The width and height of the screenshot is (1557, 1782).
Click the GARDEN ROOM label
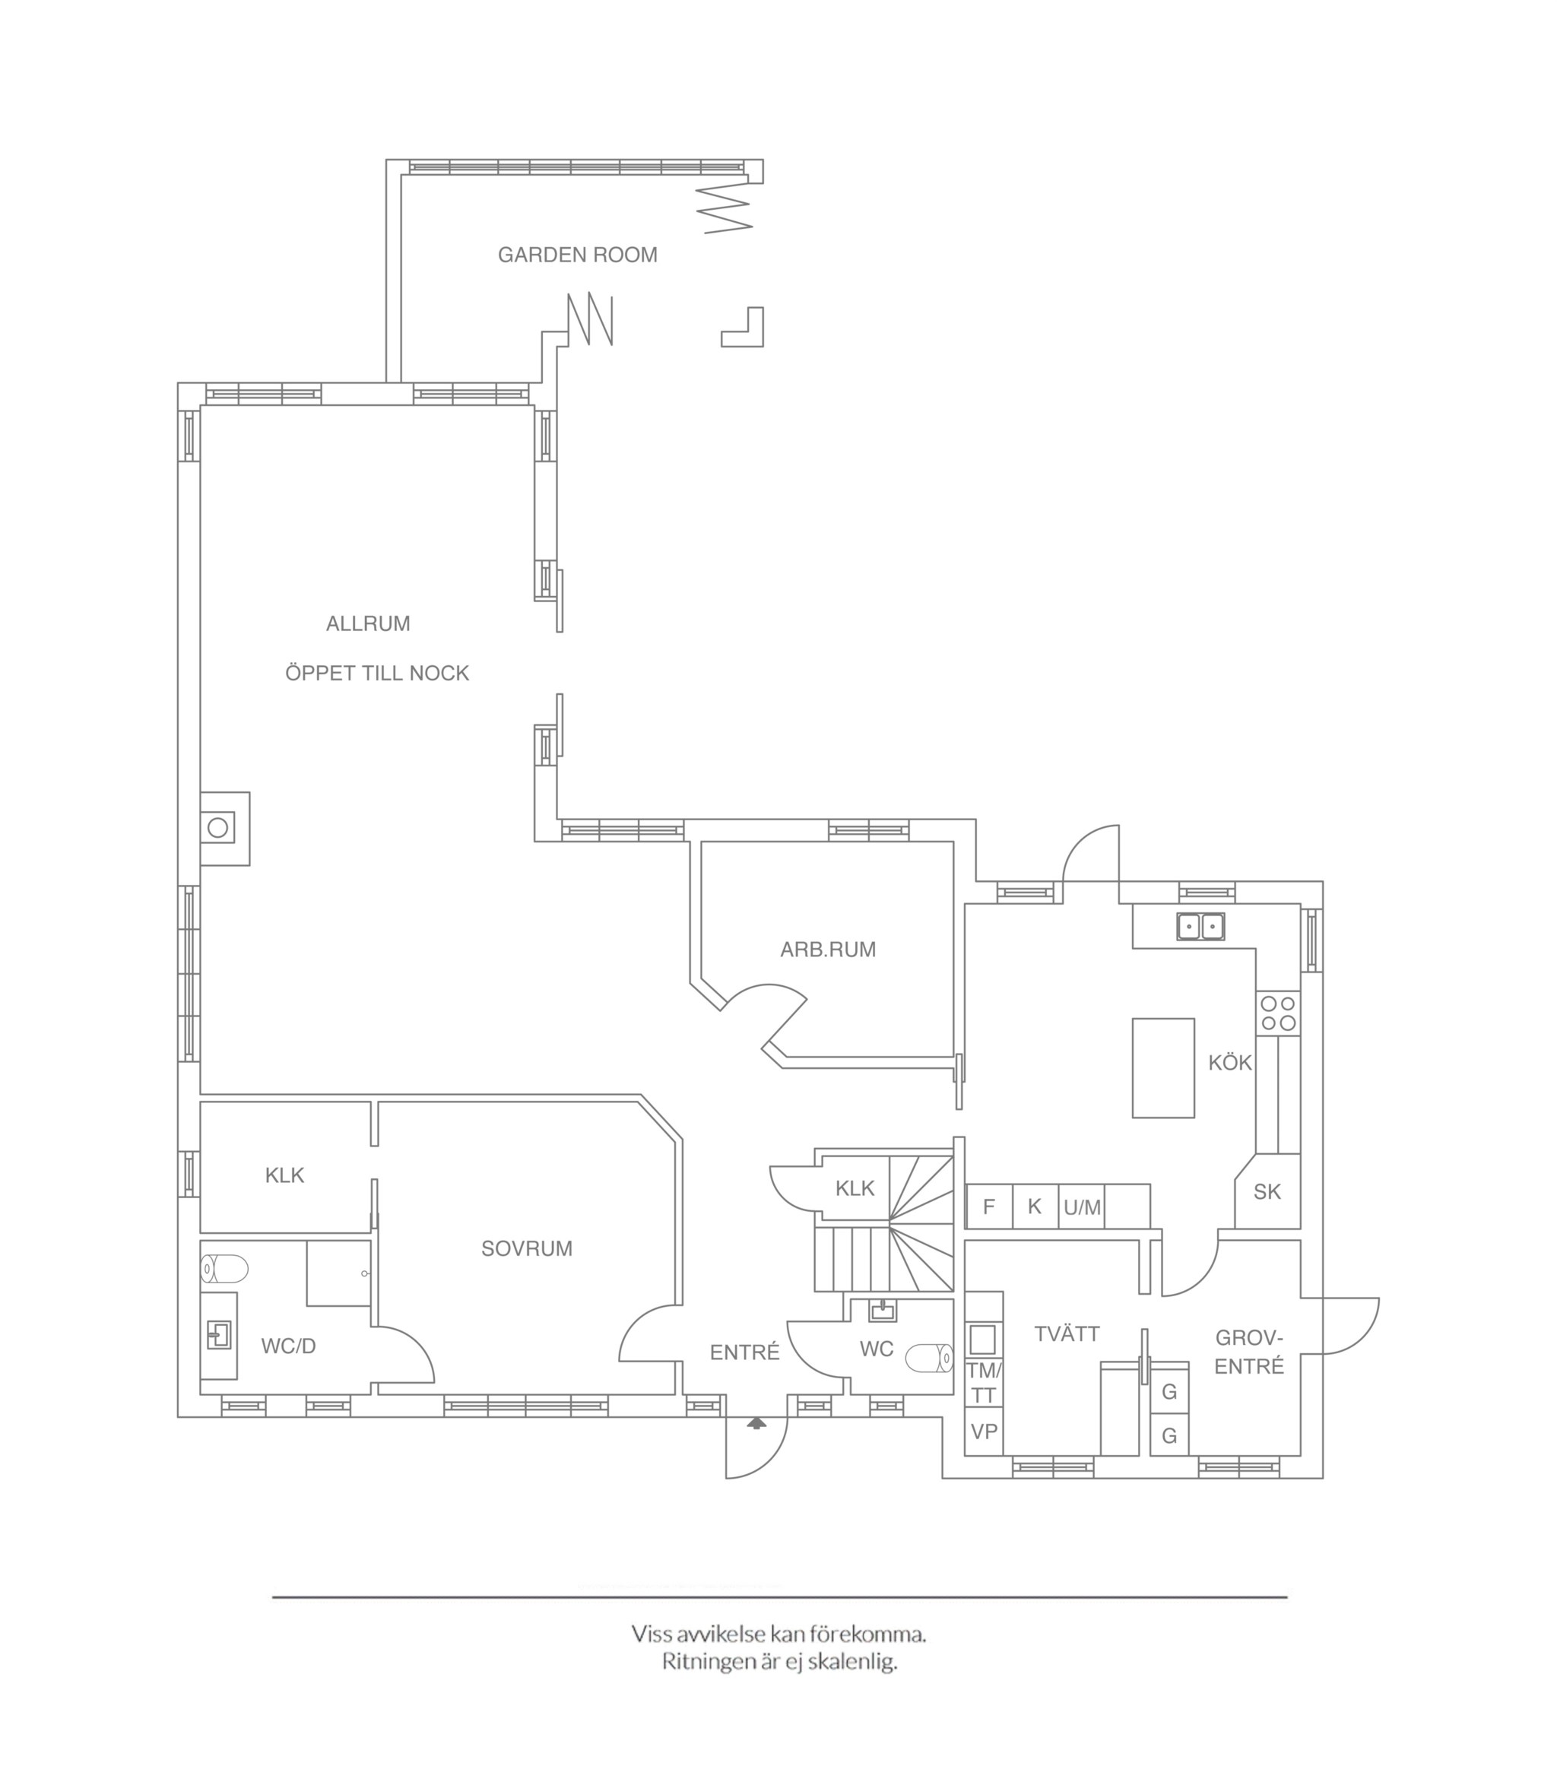tap(577, 255)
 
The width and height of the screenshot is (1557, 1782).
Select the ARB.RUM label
tap(827, 950)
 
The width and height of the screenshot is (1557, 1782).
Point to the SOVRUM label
tap(527, 1248)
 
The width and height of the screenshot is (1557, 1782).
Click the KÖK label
tap(1229, 1062)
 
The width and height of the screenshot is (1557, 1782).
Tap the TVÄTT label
tap(1067, 1333)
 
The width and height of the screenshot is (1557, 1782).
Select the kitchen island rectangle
tap(1162, 1068)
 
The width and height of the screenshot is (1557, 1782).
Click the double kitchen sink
tap(1200, 926)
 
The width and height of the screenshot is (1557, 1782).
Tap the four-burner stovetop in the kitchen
tap(1278, 1013)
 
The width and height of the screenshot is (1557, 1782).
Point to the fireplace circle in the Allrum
tap(217, 827)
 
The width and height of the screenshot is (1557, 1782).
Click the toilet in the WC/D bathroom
tap(224, 1269)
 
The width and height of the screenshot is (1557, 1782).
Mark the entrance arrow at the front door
tap(756, 1423)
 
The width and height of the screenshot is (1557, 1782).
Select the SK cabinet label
tap(1267, 1191)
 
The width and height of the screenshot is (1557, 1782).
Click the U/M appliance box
tap(1082, 1206)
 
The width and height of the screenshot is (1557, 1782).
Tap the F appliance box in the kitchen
tap(989, 1206)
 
